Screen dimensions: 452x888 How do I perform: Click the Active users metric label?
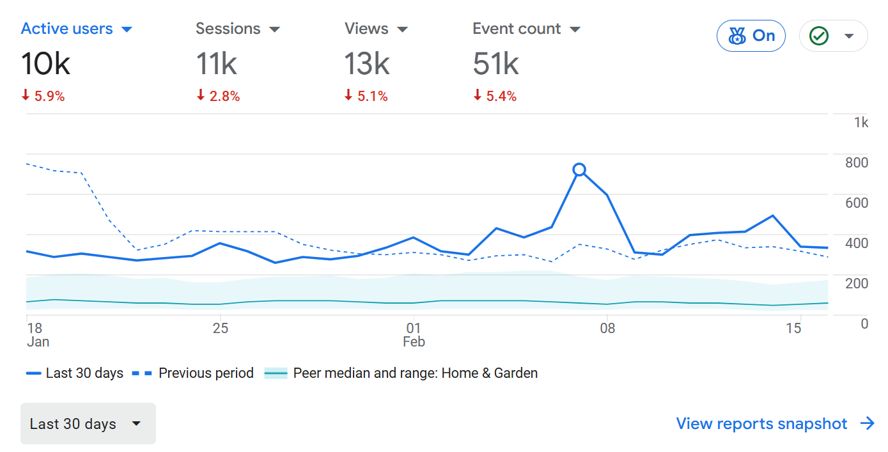pyautogui.click(x=67, y=29)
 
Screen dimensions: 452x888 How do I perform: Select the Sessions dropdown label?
pyautogui.click(x=228, y=29)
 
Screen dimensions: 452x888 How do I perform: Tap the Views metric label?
pyautogui.click(x=366, y=29)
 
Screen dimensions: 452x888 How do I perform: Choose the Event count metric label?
pyautogui.click(x=517, y=29)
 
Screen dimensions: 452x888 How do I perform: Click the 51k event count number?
pyautogui.click(x=495, y=64)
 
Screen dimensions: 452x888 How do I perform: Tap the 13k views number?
pyautogui.click(x=366, y=64)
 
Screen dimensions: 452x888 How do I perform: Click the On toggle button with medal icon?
pyautogui.click(x=751, y=36)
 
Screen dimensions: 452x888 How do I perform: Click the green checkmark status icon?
pyautogui.click(x=819, y=36)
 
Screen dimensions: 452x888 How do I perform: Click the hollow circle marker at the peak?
pyautogui.click(x=579, y=169)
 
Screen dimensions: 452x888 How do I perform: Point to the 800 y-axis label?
pyautogui.click(x=857, y=162)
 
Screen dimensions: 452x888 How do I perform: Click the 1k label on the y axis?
pyautogui.click(x=861, y=123)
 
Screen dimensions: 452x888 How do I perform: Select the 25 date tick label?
pyautogui.click(x=220, y=329)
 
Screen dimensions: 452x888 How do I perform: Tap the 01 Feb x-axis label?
pyautogui.click(x=414, y=334)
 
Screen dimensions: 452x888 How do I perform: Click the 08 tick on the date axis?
pyautogui.click(x=607, y=329)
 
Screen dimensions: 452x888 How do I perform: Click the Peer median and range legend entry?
pyautogui.click(x=415, y=373)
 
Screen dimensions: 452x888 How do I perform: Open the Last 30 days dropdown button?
pyautogui.click(x=88, y=424)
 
